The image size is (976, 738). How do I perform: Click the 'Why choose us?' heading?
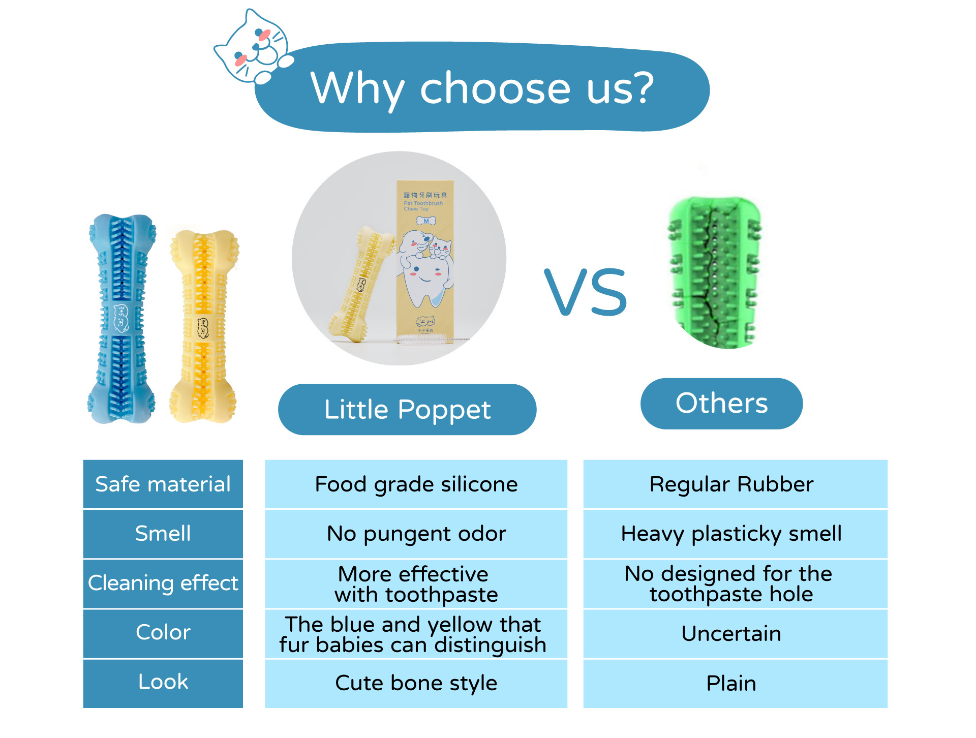coord(482,88)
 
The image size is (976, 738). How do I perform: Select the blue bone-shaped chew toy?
coord(121,319)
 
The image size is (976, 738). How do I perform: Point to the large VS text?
coord(586,292)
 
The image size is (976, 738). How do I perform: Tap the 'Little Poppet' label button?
coord(407,410)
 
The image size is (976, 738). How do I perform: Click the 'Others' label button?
coord(721,404)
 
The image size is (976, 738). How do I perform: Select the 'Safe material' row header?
coord(163,484)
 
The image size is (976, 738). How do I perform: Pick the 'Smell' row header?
coord(163,534)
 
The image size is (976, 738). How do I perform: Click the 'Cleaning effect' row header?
coord(163,583)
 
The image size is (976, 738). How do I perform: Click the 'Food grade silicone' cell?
coord(416,484)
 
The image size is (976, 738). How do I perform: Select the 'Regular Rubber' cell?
coord(735,484)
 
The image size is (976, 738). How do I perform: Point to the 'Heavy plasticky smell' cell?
coord(735,534)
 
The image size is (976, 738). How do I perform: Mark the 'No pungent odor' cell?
coord(416,534)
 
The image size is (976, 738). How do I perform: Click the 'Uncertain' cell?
coord(735,633)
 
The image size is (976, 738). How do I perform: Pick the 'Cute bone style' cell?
coord(416,683)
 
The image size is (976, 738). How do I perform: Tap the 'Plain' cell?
coord(735,683)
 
